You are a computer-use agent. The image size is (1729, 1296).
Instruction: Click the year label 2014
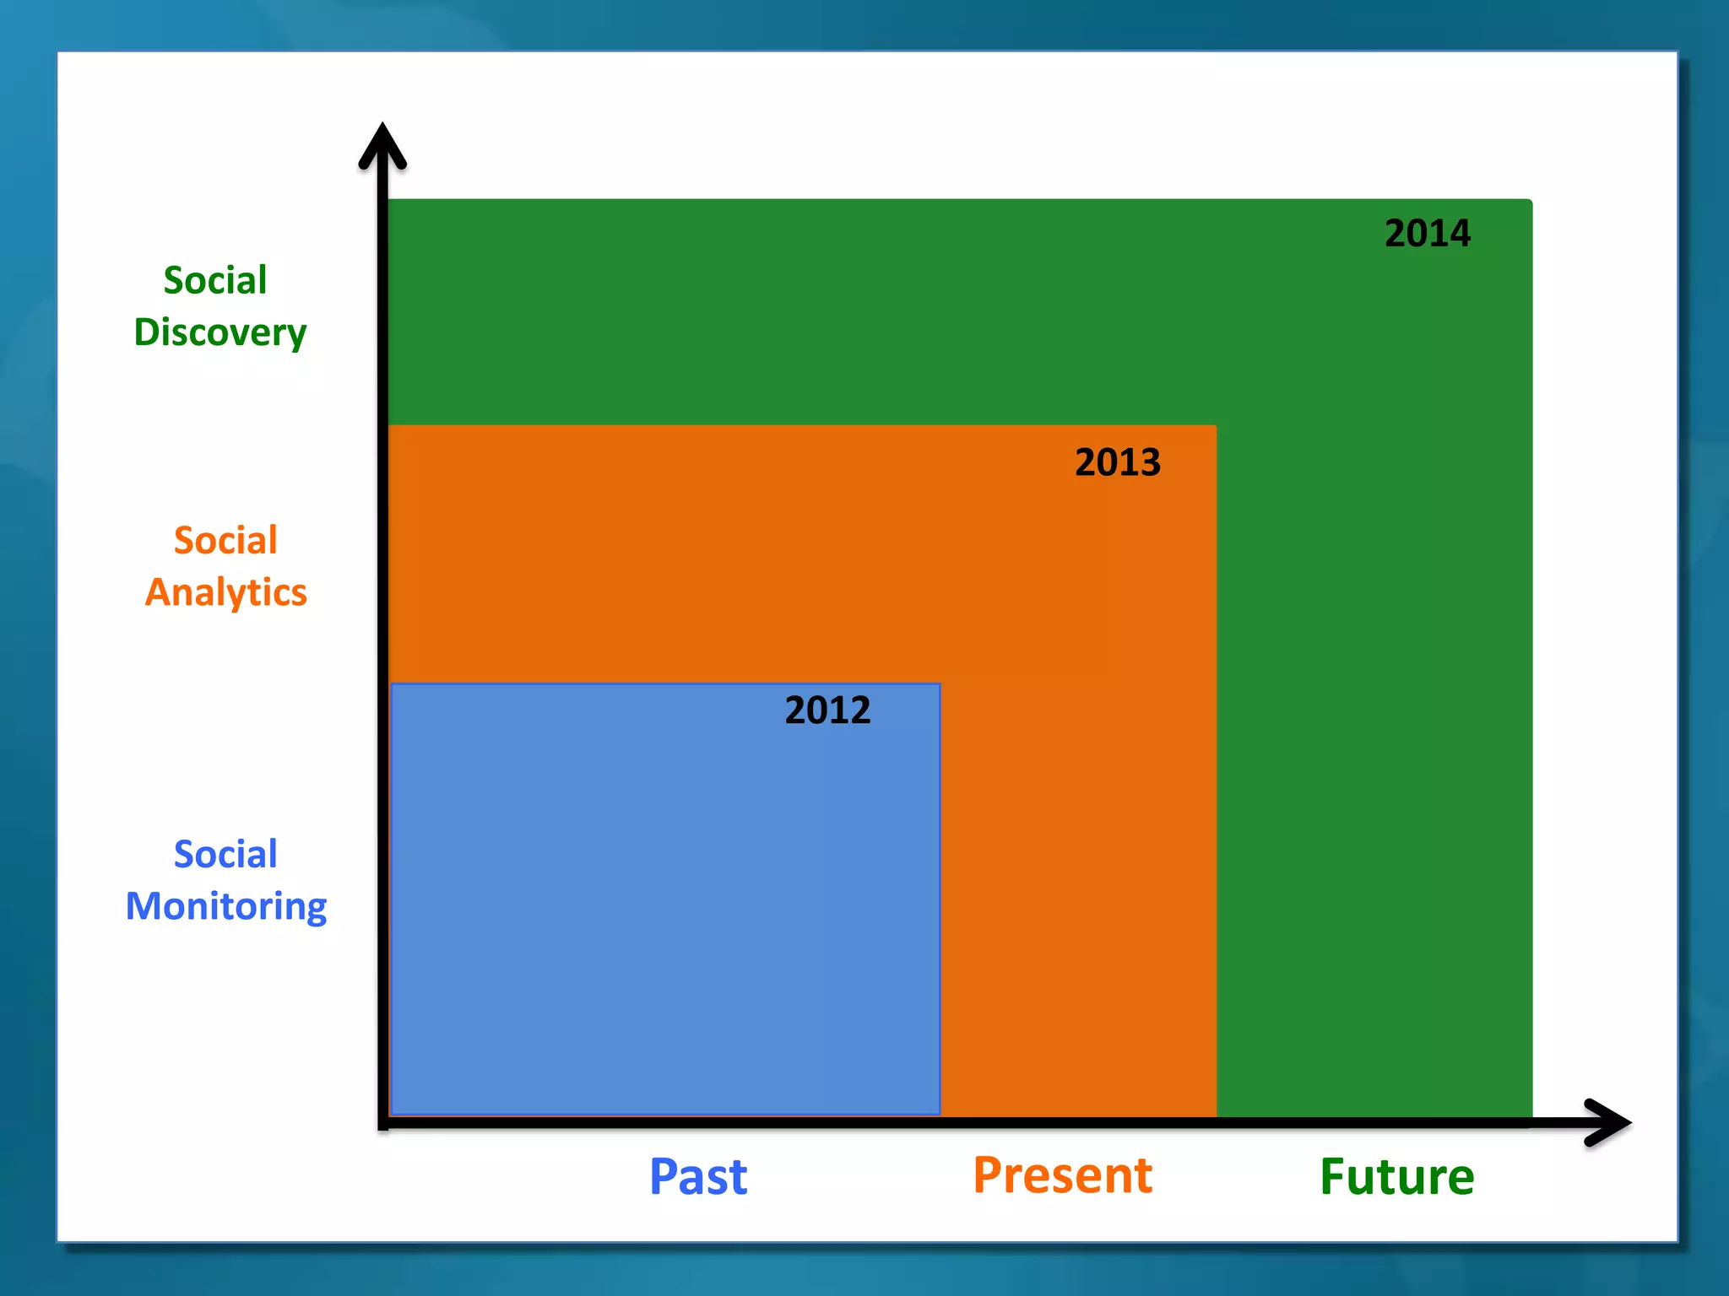(x=1427, y=234)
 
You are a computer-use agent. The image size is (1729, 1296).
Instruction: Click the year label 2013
(x=1117, y=462)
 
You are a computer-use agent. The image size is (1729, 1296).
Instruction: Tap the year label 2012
(x=827, y=710)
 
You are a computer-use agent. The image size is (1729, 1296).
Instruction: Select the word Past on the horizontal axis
(x=698, y=1176)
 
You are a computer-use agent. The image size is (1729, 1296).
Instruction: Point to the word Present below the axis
(x=1062, y=1175)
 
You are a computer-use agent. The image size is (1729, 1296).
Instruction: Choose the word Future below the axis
(x=1396, y=1177)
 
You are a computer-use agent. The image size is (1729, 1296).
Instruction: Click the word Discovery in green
(x=220, y=332)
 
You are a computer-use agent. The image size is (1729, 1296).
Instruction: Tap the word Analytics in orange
(x=226, y=592)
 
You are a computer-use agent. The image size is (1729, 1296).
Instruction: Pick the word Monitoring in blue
(x=226, y=906)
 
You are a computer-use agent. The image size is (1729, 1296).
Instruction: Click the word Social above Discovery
(x=215, y=280)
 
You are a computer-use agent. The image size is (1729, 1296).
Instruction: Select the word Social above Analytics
(x=225, y=540)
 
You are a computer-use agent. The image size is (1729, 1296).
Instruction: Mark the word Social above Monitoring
(x=225, y=854)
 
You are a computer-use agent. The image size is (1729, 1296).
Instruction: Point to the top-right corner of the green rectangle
(x=1530, y=202)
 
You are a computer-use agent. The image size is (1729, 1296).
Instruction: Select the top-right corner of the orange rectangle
(x=1215, y=427)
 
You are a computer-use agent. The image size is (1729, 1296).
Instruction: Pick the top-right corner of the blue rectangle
(x=939, y=685)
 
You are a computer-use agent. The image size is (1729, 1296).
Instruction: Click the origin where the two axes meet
(x=384, y=1122)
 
